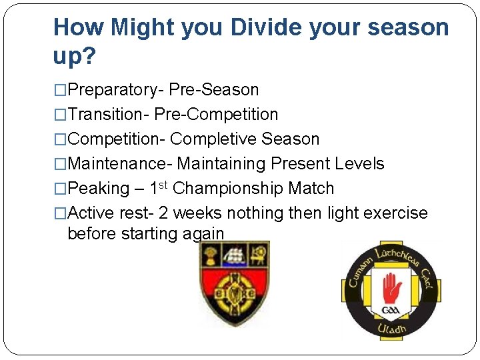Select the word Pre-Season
point(214,89)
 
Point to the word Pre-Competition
point(216,114)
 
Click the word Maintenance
point(119,163)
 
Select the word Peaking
point(99,189)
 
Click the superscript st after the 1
point(166,184)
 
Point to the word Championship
point(229,189)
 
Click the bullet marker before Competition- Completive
point(61,139)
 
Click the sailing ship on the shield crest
point(235,255)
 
